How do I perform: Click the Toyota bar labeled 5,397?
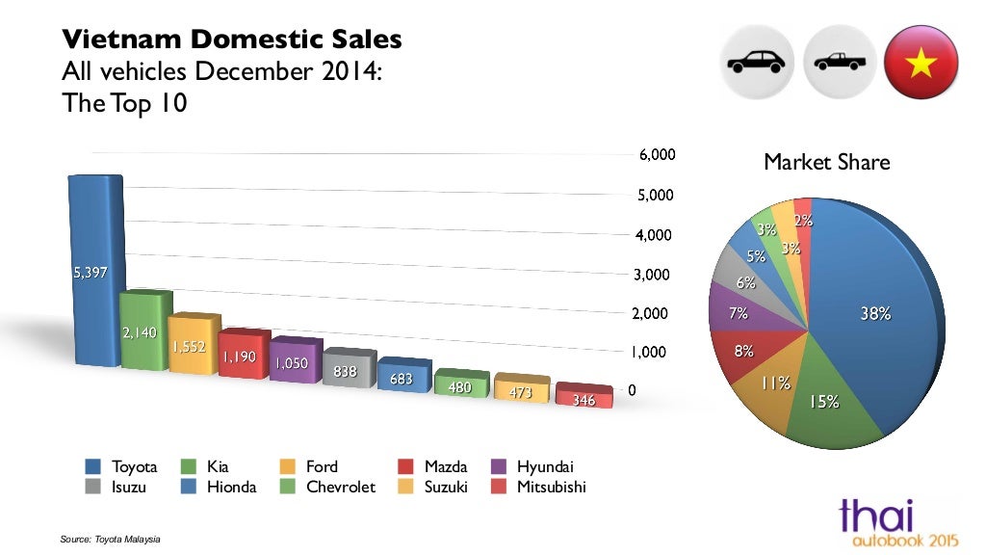92,272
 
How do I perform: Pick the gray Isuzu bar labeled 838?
346,369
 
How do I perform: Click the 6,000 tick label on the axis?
659,154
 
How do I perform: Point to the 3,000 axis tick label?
659,275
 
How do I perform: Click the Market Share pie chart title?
826,163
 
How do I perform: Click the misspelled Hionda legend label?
231,488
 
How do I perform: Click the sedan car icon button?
757,63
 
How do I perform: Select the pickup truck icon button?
841,63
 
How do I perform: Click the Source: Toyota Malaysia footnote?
110,539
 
